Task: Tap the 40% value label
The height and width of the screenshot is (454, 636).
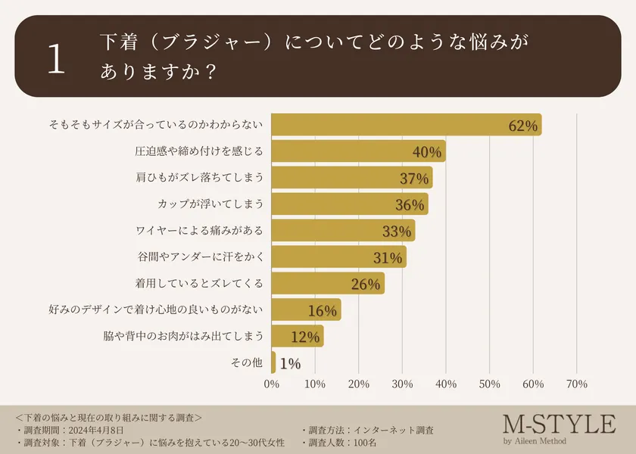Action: [427, 152]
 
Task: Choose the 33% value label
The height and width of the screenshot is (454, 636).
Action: [396, 232]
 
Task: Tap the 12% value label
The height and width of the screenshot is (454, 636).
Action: [305, 337]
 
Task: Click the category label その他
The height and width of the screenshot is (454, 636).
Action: [247, 363]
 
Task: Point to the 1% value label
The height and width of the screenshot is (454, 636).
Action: [290, 364]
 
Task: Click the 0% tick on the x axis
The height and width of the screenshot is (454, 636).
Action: [272, 384]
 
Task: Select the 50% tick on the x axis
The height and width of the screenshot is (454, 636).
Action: [490, 384]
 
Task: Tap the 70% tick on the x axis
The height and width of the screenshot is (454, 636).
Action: [577, 384]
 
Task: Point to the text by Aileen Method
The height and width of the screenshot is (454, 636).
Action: [535, 441]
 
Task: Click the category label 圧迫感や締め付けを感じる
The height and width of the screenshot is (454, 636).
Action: [199, 151]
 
